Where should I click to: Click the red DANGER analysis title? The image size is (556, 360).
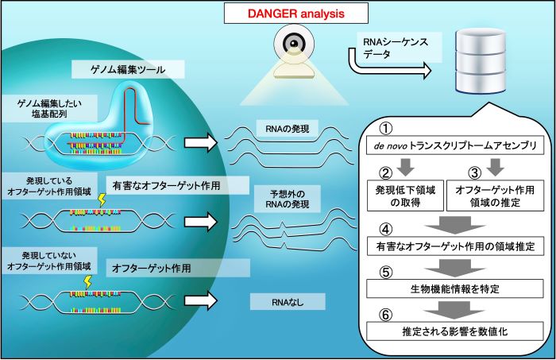(x=295, y=14)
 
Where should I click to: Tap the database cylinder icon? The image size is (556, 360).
(x=481, y=61)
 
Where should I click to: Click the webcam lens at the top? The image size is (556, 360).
(x=294, y=43)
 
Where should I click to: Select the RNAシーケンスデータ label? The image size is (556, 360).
(x=396, y=48)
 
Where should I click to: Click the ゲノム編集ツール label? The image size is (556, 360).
(x=128, y=69)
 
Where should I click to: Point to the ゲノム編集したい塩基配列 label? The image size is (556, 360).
(x=49, y=109)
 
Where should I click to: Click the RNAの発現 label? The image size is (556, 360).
(x=288, y=129)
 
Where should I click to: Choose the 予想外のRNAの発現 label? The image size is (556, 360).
(x=288, y=199)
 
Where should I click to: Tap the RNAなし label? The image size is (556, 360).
(x=288, y=302)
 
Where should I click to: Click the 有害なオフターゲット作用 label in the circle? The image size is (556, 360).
(x=166, y=185)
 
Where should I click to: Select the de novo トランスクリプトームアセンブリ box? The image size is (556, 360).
(x=455, y=145)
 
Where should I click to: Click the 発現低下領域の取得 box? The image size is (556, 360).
(x=405, y=195)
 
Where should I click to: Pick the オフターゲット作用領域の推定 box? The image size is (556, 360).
(x=495, y=195)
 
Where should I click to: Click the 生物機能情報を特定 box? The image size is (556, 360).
(x=455, y=288)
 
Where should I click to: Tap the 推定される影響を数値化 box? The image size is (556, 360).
(x=455, y=331)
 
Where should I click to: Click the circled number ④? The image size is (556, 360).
(x=386, y=229)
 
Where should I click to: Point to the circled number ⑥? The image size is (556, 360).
(x=386, y=315)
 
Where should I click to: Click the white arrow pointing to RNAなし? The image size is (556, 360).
(x=200, y=301)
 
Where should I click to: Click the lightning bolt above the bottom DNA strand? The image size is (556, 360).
(x=87, y=282)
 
